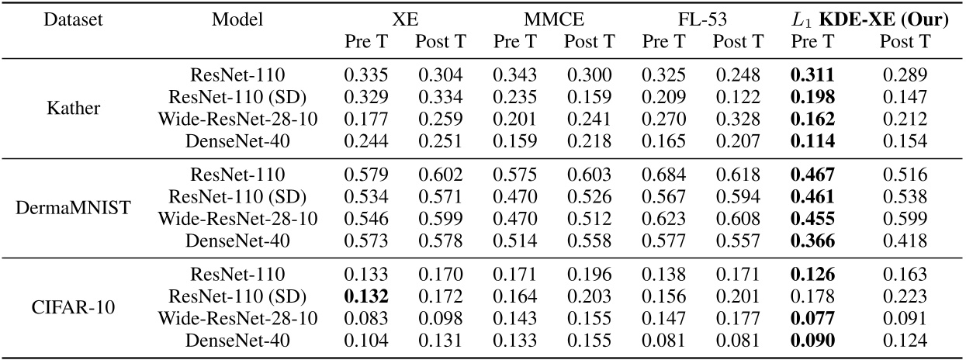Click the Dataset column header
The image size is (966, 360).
tap(47, 20)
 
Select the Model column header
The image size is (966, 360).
tap(237, 20)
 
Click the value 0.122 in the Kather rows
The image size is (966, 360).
tap(732, 97)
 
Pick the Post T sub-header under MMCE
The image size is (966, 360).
tap(587, 41)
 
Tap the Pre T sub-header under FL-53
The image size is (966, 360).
tap(659, 41)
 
